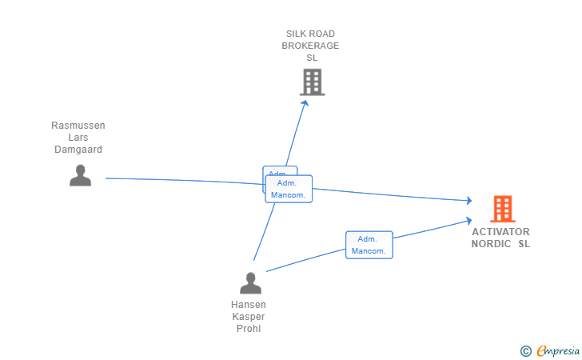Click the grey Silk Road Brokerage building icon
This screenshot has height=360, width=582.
pyautogui.click(x=312, y=82)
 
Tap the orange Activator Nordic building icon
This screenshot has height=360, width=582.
pyautogui.click(x=502, y=209)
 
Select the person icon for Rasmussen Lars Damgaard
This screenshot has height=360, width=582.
pyautogui.click(x=80, y=175)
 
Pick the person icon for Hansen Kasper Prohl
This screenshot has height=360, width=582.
pyautogui.click(x=250, y=283)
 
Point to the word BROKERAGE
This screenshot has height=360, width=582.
pyautogui.click(x=310, y=46)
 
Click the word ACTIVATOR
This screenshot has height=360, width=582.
pyautogui.click(x=500, y=232)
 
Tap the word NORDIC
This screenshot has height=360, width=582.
pyautogui.click(x=491, y=244)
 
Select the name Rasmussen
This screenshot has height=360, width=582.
pyautogui.click(x=78, y=126)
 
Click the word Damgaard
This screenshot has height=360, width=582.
pyautogui.click(x=78, y=150)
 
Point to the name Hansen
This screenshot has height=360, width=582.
pyautogui.click(x=249, y=305)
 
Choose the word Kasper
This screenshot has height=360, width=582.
pyautogui.click(x=249, y=317)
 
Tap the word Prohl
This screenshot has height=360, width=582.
pyautogui.click(x=249, y=329)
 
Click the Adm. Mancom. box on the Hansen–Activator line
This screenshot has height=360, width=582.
pyautogui.click(x=369, y=245)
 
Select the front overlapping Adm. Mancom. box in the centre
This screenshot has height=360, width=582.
pyautogui.click(x=289, y=189)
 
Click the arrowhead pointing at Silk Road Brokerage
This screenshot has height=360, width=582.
pyautogui.click(x=305, y=101)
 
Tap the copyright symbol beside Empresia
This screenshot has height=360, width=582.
pyautogui.click(x=525, y=350)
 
